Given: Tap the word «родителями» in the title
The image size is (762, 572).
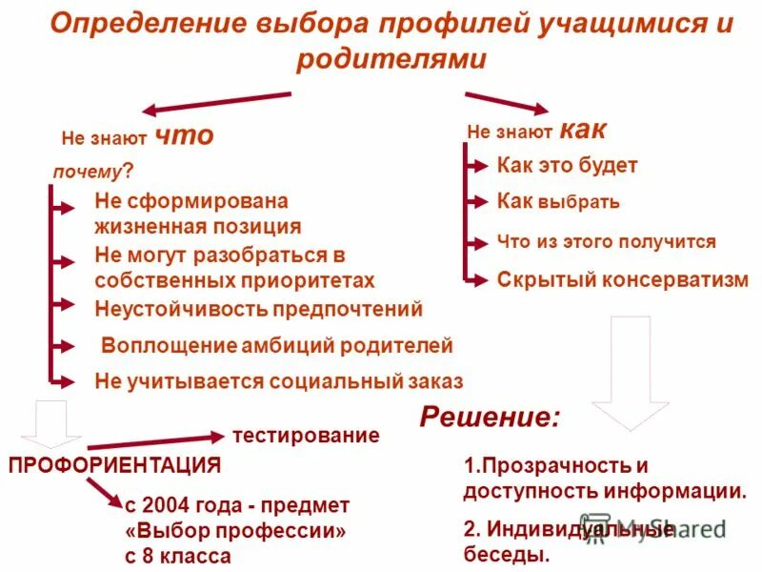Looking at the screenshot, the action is point(391,59).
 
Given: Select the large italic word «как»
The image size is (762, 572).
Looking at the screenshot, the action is point(582,130).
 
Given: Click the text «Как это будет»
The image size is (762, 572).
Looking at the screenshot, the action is point(567,166).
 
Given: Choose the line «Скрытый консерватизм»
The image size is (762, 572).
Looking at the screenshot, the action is point(623,279).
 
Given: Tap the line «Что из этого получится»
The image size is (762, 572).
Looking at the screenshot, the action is point(606,242).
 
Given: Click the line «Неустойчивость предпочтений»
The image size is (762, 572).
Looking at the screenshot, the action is point(258,309).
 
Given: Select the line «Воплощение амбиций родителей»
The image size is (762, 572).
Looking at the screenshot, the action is point(277,345).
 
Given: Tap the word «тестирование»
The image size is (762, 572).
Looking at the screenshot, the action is point(306,436).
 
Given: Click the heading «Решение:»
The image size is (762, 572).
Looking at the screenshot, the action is point(491,417).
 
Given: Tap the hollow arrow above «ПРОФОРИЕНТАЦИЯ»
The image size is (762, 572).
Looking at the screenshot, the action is point(46,422).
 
